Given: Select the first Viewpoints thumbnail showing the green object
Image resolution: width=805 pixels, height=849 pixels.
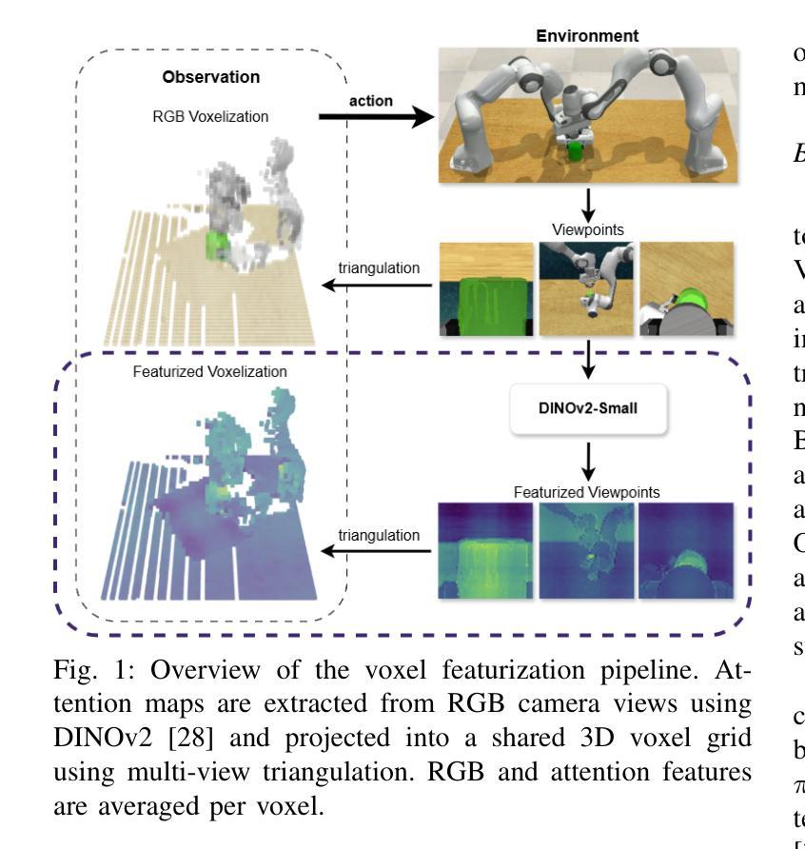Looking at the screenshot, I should pos(485,290).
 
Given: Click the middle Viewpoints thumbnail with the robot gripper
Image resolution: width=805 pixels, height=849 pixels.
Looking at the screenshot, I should pos(586,290).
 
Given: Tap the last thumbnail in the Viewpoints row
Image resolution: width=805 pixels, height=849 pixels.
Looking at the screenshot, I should pos(688,290).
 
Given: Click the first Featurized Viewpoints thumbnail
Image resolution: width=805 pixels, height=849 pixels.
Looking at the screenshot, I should pos(485,551).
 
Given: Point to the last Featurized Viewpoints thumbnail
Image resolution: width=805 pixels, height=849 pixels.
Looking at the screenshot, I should pos(688,551).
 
